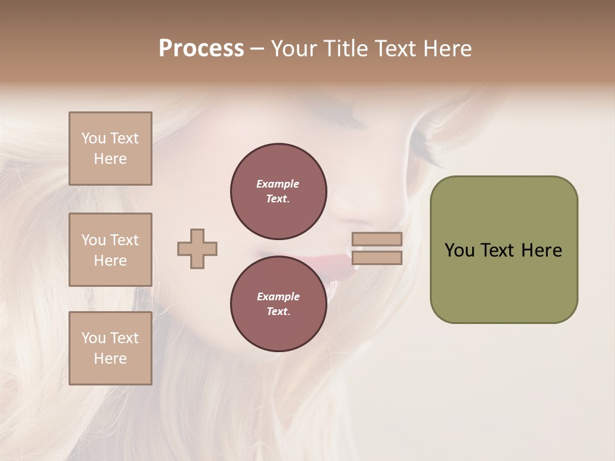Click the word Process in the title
201,49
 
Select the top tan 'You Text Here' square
110,149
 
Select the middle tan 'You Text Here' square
110,250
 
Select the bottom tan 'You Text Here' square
110,348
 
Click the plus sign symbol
197,248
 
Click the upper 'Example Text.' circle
278,191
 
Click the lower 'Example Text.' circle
278,303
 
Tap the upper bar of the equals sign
377,239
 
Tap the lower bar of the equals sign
377,257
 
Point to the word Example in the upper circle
278,184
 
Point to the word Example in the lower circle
278,296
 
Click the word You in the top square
94,138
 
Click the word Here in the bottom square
110,359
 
